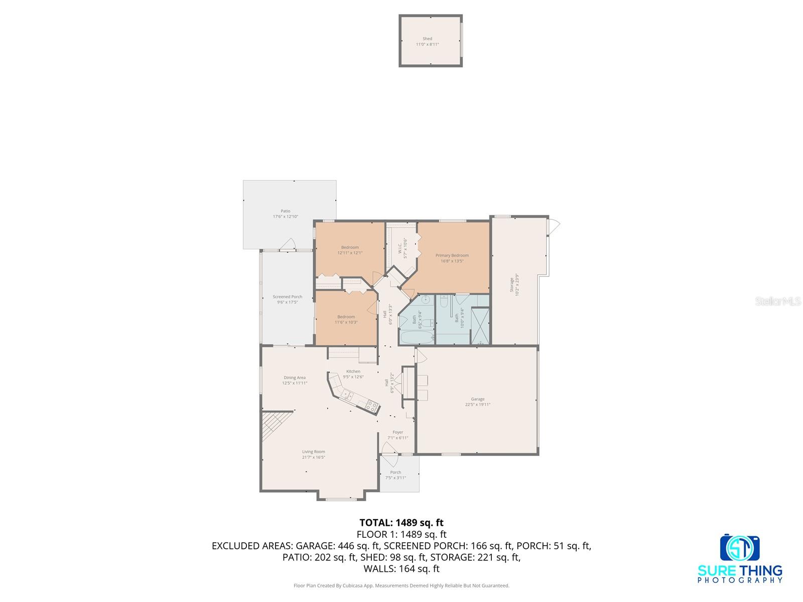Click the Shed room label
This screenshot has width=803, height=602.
pos(427,39)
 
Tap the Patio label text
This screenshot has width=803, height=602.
pos(285,211)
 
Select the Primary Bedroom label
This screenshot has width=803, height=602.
pos(452,255)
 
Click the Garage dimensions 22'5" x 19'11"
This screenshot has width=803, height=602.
pos(477,404)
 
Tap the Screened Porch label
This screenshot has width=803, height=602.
pos(288,296)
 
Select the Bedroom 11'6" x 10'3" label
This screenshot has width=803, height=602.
pos(346,319)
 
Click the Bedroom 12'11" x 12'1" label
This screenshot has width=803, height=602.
pos(350,250)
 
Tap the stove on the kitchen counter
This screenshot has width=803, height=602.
pos(371,405)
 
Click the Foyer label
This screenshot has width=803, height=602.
pos(397,432)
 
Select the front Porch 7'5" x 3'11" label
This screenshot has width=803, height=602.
pos(395,475)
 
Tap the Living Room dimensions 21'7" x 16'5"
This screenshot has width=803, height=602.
pos(313,457)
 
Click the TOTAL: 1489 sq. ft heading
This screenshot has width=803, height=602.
pos(401,523)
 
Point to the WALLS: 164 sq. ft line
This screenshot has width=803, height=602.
pos(401,568)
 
